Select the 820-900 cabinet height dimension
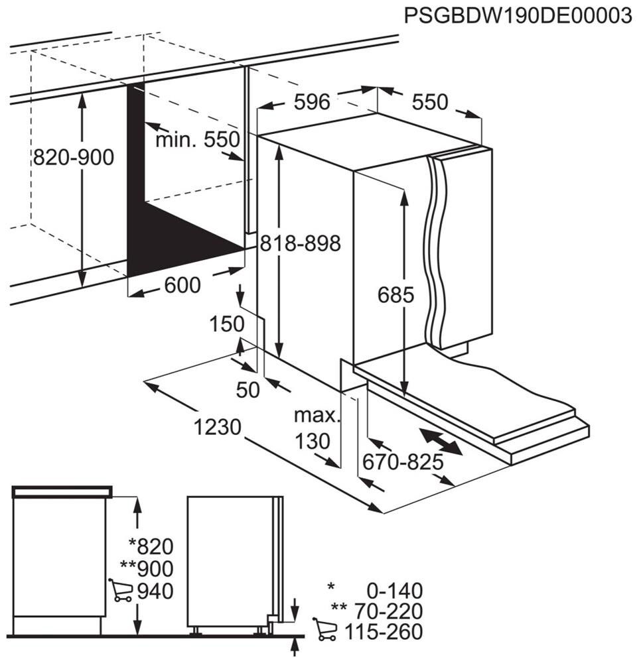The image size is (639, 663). coord(74,157)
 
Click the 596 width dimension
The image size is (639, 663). coord(312,102)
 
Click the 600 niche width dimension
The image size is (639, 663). coord(182,285)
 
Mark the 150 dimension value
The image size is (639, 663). coord(227,324)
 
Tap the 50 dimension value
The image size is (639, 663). coord(248,391)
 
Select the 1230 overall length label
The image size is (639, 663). coord(217,427)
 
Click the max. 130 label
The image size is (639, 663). coord(317,428)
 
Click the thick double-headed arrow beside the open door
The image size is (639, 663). coord(441,442)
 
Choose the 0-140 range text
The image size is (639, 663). coord(393,590)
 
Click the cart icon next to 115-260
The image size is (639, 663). coord(324,630)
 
